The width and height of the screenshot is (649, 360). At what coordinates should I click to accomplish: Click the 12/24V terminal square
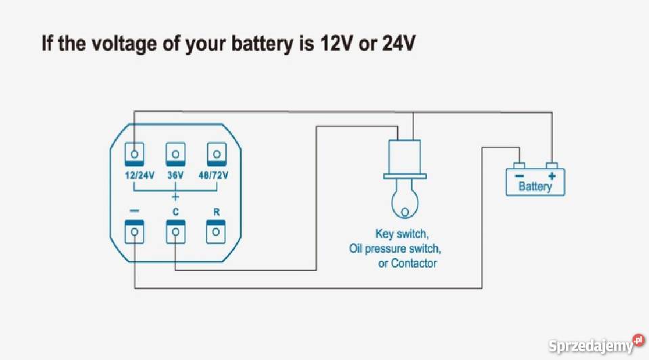pos(135,154)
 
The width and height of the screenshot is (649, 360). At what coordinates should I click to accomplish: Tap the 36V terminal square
pos(175,154)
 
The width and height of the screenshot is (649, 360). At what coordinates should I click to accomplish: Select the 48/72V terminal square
pos(216,154)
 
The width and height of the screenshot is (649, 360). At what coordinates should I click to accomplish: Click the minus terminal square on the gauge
pos(135,232)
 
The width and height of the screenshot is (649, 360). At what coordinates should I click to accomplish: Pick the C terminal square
pos(175,232)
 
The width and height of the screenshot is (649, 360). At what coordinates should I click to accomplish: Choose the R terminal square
pos(216,232)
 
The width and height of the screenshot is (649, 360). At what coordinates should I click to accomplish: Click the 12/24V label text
pos(139,175)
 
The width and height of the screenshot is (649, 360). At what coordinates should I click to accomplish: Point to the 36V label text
pos(175,175)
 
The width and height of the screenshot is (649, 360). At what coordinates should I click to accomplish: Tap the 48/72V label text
pos(214,175)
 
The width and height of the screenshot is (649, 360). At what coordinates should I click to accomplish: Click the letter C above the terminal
pos(175,212)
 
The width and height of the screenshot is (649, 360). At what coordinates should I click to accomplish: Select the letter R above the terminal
pos(216,212)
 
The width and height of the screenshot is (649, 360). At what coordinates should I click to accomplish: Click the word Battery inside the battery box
pos(535,186)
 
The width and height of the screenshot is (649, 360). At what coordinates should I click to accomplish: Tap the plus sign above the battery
pos(552,175)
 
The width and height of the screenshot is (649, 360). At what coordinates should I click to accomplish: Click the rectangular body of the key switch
pos(403,156)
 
